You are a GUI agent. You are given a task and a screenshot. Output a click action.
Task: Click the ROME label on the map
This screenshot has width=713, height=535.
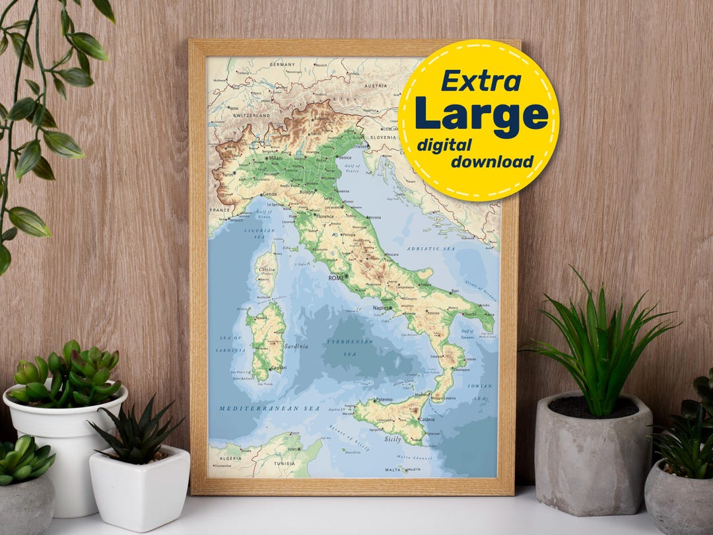337,278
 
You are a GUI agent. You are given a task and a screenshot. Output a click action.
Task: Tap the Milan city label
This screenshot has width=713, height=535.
275,159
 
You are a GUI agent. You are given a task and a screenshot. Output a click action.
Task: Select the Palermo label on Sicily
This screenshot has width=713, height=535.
384,400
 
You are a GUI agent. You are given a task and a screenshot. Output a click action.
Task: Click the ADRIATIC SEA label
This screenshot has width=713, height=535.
430,248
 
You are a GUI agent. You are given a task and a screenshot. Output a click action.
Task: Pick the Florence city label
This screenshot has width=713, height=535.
325,217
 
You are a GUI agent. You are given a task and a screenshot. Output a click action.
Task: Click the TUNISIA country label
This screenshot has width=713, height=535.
286,463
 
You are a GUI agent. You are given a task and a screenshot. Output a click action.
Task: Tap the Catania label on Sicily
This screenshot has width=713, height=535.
426,419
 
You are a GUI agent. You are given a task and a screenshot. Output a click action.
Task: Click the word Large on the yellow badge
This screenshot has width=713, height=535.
481,113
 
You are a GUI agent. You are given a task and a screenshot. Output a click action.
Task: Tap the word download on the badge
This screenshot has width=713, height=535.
492,162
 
